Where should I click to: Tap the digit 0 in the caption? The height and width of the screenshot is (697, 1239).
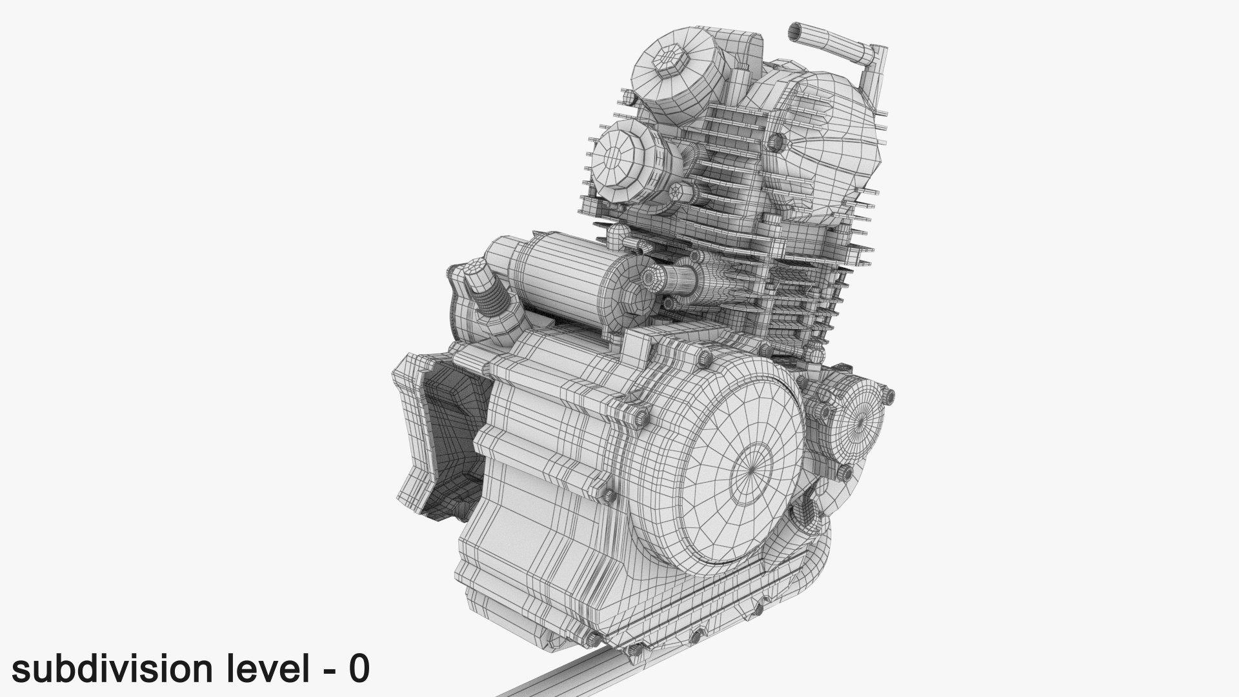coord(359,669)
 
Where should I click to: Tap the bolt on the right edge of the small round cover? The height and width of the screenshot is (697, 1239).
coord(889,395)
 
